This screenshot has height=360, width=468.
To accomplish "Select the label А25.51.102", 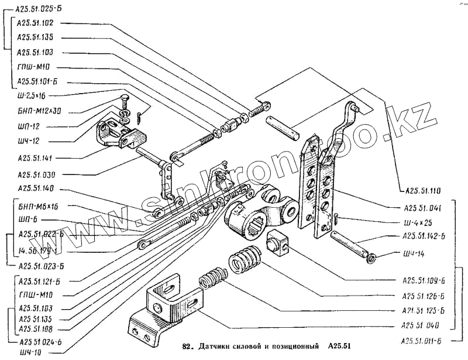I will click(36, 23).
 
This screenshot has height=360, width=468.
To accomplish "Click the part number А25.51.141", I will click(36, 158).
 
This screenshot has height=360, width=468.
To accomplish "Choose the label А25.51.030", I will click(36, 174).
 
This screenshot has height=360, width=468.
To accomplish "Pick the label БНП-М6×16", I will click(39, 207).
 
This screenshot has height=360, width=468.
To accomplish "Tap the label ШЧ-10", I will click(30, 351).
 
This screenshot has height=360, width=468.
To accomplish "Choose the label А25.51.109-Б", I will click(424, 280).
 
